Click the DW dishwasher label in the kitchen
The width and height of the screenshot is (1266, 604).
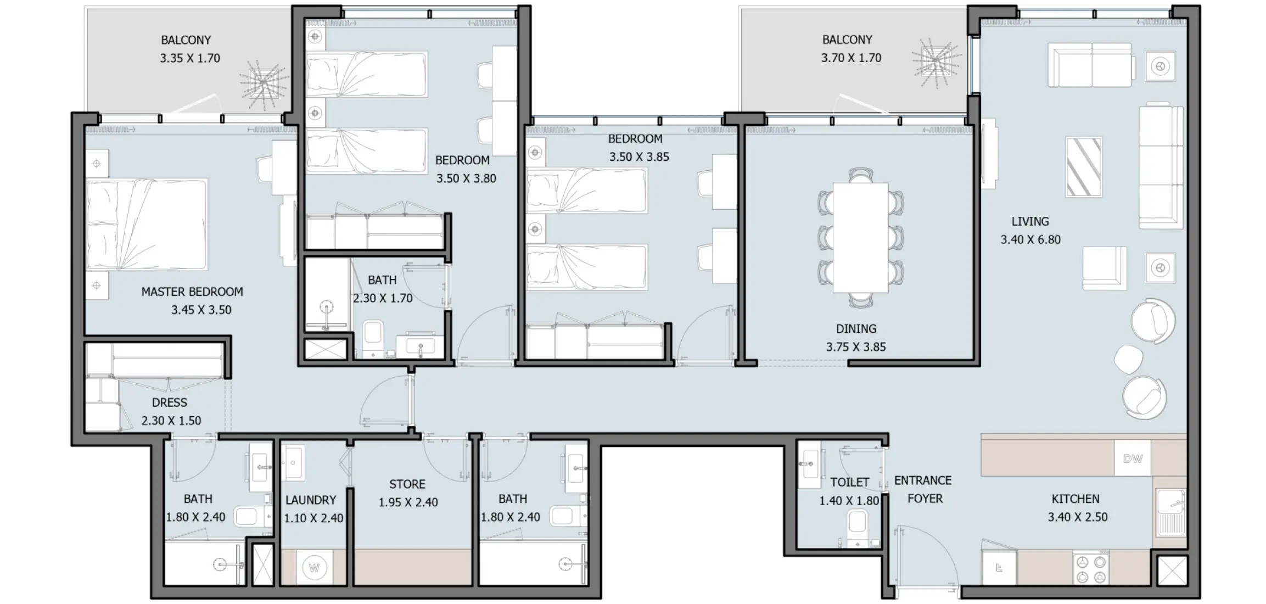coord(1132,458)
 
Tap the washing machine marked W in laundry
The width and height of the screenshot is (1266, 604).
coord(314,567)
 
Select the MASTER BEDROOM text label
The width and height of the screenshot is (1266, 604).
coord(192,292)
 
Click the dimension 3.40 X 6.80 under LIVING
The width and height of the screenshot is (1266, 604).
coord(1030,239)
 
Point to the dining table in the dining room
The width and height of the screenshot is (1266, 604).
coord(860,238)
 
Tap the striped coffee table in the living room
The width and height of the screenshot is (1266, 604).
coord(1083,167)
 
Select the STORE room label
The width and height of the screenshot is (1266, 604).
coord(407,484)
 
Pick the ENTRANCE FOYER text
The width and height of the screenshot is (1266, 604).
coord(923,489)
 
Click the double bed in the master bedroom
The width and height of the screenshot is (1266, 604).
coord(147,224)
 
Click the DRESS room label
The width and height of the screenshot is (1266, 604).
coord(169,402)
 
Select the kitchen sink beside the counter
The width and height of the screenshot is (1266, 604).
coord(1170,511)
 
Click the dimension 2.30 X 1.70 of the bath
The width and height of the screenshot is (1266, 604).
coord(382,298)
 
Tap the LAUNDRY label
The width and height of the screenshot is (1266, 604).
coord(310,500)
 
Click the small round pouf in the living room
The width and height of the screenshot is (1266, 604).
coord(1128,359)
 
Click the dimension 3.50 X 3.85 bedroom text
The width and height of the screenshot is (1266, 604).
coord(638,157)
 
